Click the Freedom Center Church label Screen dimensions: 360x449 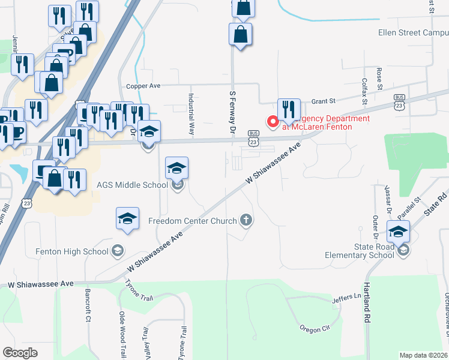coord(193,221)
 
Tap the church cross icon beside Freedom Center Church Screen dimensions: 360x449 coord(245,221)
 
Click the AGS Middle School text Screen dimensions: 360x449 coord(132,185)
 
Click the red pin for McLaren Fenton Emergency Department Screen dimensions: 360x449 coord(273,122)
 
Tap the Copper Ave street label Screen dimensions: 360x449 coord(143,86)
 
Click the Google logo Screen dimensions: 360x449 coord(20,352)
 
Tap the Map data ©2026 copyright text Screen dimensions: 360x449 coord(423,355)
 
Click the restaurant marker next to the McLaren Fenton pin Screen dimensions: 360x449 coord(289,109)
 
